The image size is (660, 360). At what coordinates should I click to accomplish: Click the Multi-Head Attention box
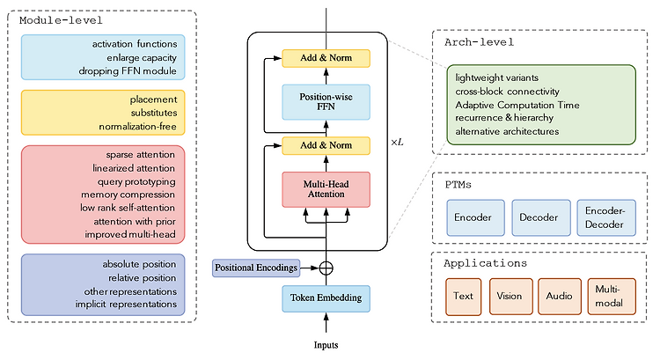(326, 189)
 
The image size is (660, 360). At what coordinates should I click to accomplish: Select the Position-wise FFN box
(326, 102)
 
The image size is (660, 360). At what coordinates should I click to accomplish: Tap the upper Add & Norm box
(326, 58)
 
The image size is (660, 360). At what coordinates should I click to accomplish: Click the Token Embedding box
(326, 298)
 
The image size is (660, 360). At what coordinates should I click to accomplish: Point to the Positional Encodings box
(254, 267)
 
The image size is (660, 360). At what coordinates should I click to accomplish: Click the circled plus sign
(326, 267)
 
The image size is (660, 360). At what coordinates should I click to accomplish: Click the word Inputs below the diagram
(326, 344)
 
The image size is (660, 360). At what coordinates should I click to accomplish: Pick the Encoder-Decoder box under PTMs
(605, 217)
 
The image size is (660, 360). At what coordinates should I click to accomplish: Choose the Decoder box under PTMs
(539, 217)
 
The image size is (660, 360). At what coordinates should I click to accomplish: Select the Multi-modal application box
(608, 297)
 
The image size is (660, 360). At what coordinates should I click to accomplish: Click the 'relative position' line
(141, 277)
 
